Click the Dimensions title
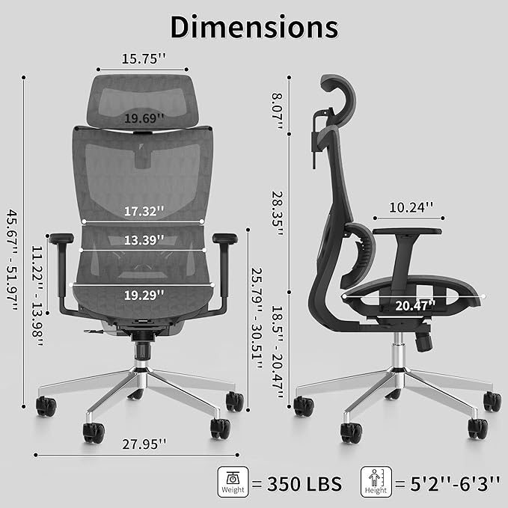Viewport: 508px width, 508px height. click(x=254, y=27)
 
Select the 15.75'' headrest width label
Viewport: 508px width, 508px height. click(x=144, y=58)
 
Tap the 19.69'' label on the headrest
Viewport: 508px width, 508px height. click(x=144, y=118)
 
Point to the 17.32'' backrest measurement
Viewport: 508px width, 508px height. click(x=144, y=211)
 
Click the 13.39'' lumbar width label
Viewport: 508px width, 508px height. click(x=144, y=240)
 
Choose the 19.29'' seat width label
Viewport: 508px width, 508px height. click(x=144, y=295)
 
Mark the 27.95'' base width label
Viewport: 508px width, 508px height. click(x=144, y=444)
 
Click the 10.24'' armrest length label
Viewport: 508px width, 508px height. click(x=411, y=207)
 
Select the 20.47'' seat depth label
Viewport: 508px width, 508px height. click(x=415, y=305)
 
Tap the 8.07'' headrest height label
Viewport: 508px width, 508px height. click(x=278, y=111)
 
